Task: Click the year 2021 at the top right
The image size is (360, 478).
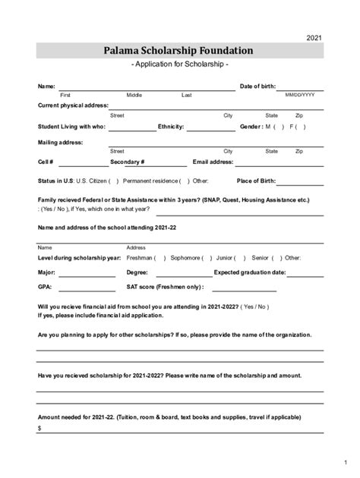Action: [x=314, y=38]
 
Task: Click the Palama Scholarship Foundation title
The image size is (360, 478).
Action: [x=180, y=51]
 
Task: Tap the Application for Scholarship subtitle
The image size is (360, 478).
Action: [x=180, y=66]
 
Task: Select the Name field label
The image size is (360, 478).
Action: [x=46, y=86]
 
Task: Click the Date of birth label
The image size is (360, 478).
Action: [x=257, y=86]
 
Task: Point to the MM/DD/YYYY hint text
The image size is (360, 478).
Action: [x=300, y=95]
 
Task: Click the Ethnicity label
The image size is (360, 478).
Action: [x=171, y=126]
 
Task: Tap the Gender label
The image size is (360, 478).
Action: [x=251, y=126]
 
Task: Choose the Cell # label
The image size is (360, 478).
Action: [x=46, y=162]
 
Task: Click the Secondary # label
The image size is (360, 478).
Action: [x=127, y=162]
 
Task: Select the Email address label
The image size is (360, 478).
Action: [x=213, y=162]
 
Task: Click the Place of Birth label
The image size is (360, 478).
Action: [x=255, y=181]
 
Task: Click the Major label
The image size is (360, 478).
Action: [x=46, y=272]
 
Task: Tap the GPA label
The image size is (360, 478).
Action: [x=45, y=287]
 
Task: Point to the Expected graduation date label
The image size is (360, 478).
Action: [x=250, y=272]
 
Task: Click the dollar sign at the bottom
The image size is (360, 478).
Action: [x=39, y=429]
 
